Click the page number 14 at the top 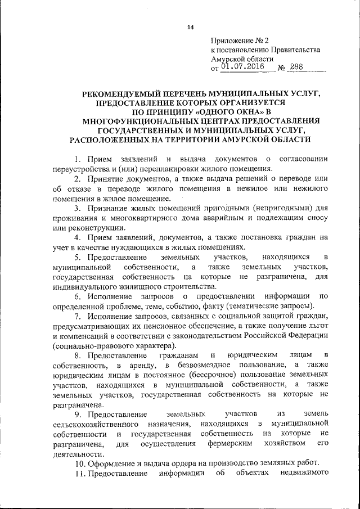click(x=190, y=28)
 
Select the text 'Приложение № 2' click(x=236, y=41)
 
